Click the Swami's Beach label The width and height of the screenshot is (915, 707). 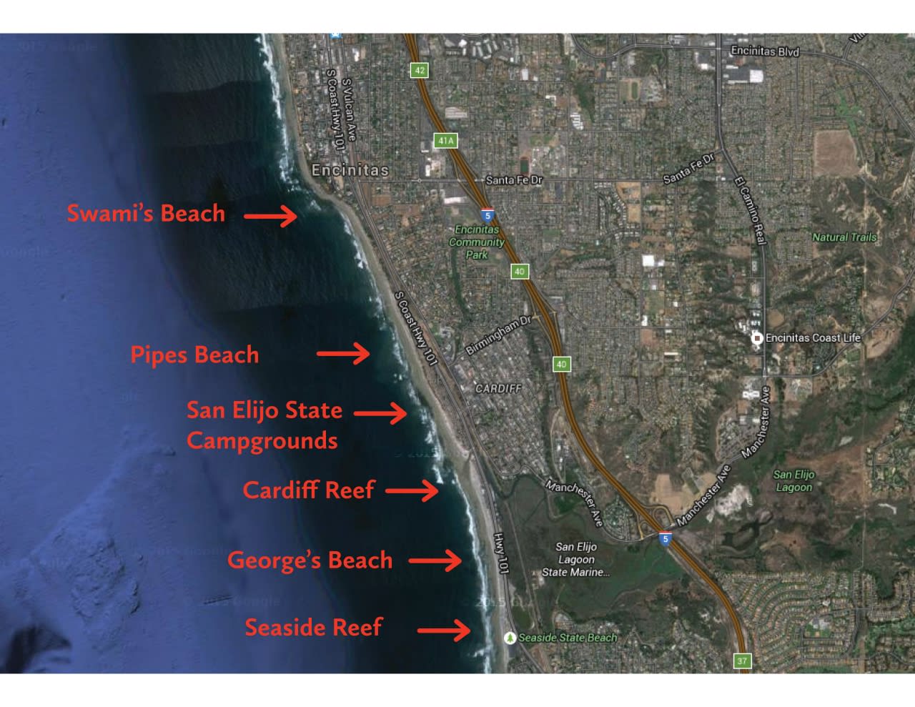pyautogui.click(x=146, y=213)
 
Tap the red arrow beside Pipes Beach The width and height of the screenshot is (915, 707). pyautogui.click(x=343, y=353)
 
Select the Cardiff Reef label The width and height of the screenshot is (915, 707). pyautogui.click(x=309, y=490)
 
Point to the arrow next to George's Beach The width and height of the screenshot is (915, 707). pyautogui.click(x=435, y=560)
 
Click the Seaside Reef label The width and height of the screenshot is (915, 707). pyautogui.click(x=313, y=627)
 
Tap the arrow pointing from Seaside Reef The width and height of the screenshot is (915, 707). pyautogui.click(x=444, y=630)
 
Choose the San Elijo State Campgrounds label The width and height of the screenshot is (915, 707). pyautogui.click(x=264, y=425)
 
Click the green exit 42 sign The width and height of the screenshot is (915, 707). pyautogui.click(x=419, y=70)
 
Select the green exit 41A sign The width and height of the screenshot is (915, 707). pyautogui.click(x=445, y=141)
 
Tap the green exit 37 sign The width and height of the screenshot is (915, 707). pyautogui.click(x=742, y=661)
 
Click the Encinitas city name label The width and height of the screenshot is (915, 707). pyautogui.click(x=350, y=170)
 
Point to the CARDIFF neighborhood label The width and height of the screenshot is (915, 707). pyautogui.click(x=498, y=388)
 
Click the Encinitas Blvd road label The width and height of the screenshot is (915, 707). pyautogui.click(x=765, y=51)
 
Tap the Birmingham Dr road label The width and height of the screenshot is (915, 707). pyautogui.click(x=498, y=335)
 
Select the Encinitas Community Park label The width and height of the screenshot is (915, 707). pyautogui.click(x=477, y=242)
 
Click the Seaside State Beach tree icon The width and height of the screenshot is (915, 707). pyautogui.click(x=510, y=637)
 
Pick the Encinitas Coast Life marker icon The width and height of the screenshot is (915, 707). pyautogui.click(x=756, y=338)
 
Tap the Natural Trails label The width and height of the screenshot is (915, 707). pyautogui.click(x=844, y=237)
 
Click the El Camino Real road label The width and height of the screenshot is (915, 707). pyautogui.click(x=751, y=211)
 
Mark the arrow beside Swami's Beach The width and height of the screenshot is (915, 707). pyautogui.click(x=270, y=215)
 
